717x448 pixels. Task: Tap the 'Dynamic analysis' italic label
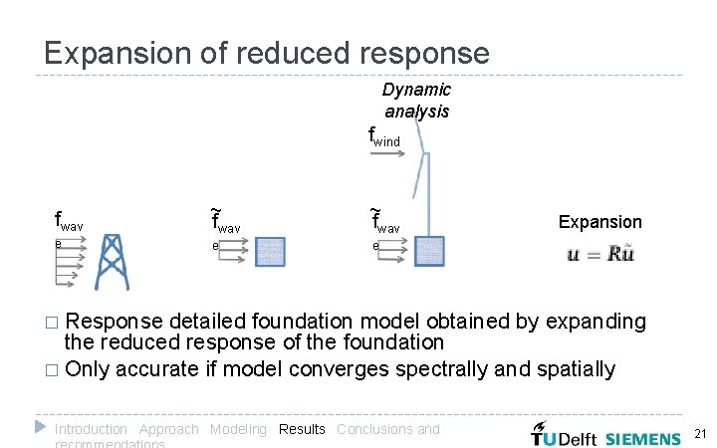tap(416, 101)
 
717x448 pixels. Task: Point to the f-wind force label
tap(384, 136)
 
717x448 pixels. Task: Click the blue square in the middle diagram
tap(270, 252)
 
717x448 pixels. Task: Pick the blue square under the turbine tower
tap(428, 251)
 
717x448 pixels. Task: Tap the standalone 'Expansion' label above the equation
tap(599, 222)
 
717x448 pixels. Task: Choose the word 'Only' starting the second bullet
tap(87, 369)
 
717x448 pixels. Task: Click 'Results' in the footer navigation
tap(302, 429)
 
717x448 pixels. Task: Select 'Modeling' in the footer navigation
tap(237, 429)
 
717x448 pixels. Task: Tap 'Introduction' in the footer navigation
tap(91, 429)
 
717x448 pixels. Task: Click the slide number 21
tap(699, 434)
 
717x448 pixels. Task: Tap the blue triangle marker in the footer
tap(40, 427)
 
